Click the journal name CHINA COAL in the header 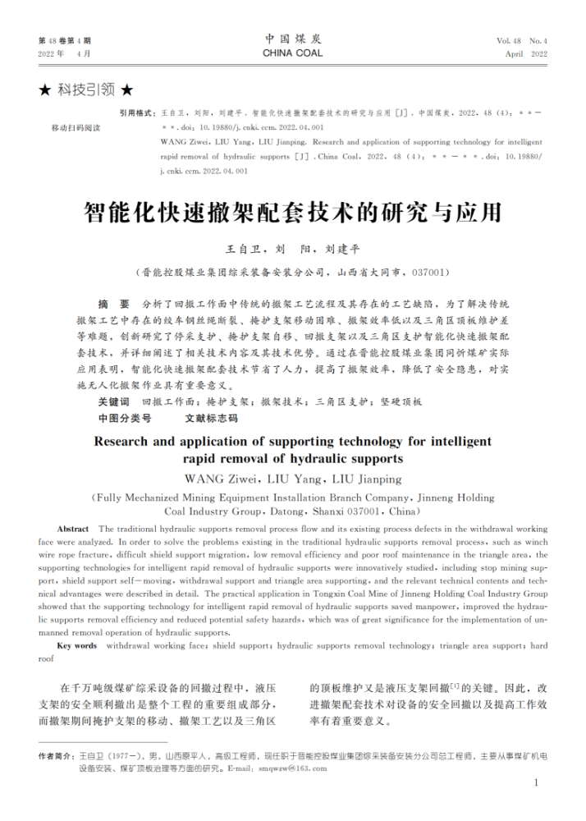(292, 53)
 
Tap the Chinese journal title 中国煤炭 (292, 39)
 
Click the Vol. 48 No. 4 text (521, 40)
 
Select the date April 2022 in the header (525, 53)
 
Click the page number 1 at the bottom (536, 782)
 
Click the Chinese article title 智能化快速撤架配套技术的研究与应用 (292, 214)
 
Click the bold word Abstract (73, 530)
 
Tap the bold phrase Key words (76, 646)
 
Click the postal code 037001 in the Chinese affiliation (428, 272)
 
